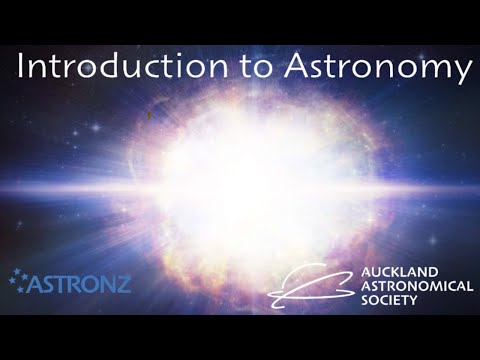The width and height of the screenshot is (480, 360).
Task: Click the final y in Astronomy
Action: [x=460, y=72]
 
